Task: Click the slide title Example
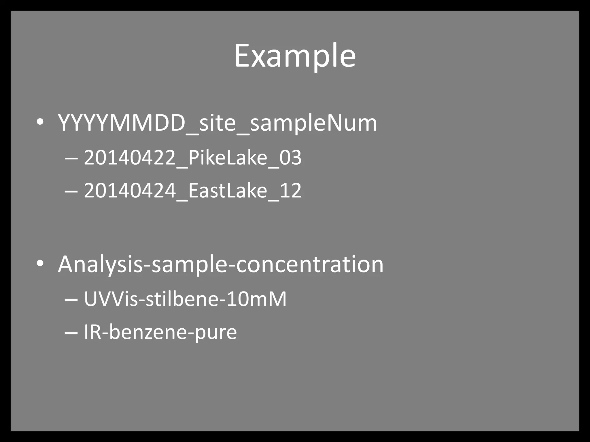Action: pyautogui.click(x=295, y=56)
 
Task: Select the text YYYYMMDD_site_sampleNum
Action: pyautogui.click(x=218, y=123)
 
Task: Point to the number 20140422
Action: pyautogui.click(x=130, y=158)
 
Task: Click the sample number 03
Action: pyautogui.click(x=290, y=158)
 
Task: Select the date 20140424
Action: pyautogui.click(x=130, y=190)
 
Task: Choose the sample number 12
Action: pyautogui.click(x=290, y=190)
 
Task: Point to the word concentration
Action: pyautogui.click(x=310, y=264)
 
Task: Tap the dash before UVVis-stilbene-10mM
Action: pyautogui.click(x=71, y=300)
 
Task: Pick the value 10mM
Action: pyautogui.click(x=257, y=299)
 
